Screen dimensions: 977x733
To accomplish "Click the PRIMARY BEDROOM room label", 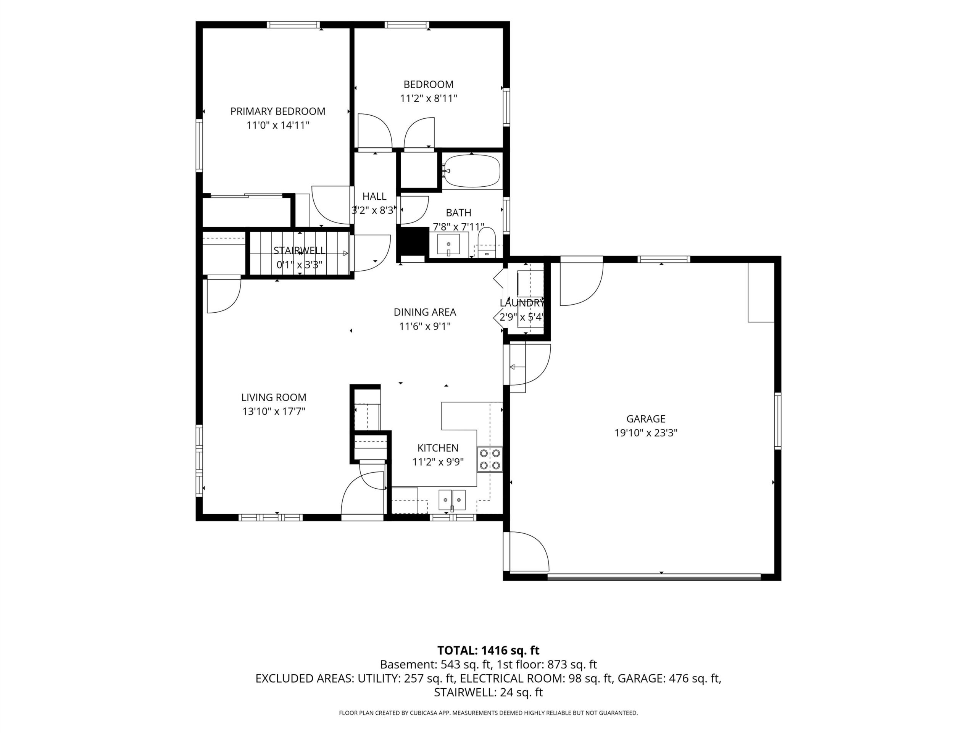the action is point(278,111).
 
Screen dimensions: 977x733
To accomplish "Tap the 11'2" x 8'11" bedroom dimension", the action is point(429,98).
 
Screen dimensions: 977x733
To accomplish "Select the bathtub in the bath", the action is point(472,171).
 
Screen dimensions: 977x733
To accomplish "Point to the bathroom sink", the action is point(448,245).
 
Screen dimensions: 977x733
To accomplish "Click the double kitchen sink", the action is point(452,500).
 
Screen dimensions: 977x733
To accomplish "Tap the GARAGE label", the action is point(646,418).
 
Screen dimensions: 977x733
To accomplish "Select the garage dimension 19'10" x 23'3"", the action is point(646,433).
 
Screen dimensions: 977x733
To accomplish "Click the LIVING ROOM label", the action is point(274,397).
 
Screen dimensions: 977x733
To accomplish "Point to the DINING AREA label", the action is point(425,312).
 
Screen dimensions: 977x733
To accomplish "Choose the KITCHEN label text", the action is point(438,448).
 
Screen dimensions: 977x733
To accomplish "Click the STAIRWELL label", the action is point(300,250).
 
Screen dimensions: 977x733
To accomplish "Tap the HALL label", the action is point(374,196).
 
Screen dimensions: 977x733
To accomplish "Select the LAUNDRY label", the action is point(522,303).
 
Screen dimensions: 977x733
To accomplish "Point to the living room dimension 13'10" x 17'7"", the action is point(274,411).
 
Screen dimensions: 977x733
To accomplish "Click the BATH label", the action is point(458,213).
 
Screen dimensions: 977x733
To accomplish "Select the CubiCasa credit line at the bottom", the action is point(488,713).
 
